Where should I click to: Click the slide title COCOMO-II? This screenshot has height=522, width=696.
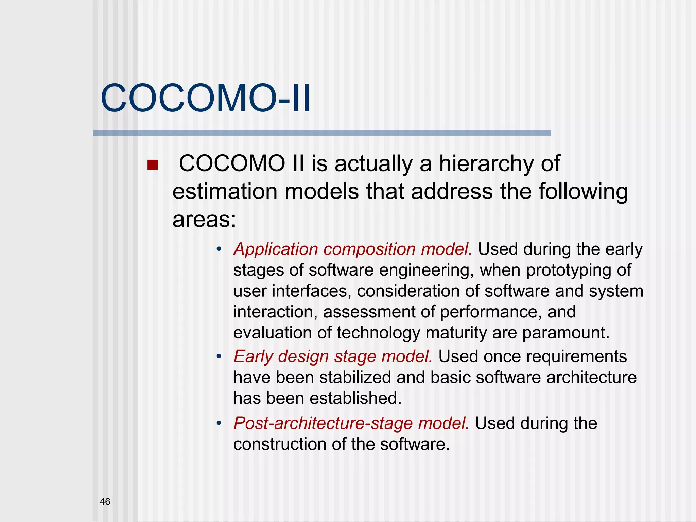click(x=205, y=99)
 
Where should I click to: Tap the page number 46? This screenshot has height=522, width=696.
click(x=105, y=501)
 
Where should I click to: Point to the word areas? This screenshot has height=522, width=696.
click(x=204, y=220)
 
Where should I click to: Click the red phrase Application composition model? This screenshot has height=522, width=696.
click(x=353, y=249)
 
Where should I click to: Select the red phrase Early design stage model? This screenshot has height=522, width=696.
click(x=333, y=356)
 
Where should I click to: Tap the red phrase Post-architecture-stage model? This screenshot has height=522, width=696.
click(x=351, y=423)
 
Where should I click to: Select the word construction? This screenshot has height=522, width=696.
click(x=280, y=445)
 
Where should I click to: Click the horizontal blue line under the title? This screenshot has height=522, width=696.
click(x=322, y=133)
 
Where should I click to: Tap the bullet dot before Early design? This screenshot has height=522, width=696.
click(x=219, y=357)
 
